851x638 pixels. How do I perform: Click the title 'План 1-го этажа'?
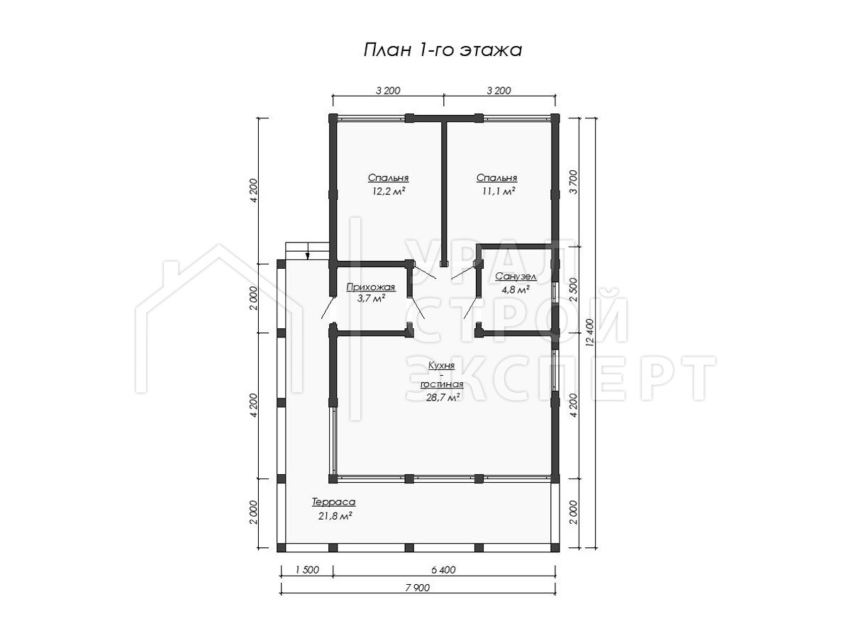(x=443, y=50)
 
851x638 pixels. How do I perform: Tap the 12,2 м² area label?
(x=389, y=191)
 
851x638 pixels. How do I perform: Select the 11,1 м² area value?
(x=499, y=191)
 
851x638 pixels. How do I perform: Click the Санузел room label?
(x=516, y=276)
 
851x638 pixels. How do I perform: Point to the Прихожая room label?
(x=371, y=287)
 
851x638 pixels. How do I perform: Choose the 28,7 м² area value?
(x=443, y=397)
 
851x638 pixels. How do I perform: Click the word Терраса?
(x=333, y=502)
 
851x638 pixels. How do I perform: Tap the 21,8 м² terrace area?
(x=335, y=516)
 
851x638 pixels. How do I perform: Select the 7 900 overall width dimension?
(x=418, y=588)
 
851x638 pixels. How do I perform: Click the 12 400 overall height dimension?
(x=590, y=332)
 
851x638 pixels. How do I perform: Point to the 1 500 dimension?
(x=307, y=570)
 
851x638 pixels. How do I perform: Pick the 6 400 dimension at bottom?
(x=443, y=570)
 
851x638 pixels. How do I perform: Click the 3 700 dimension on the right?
(x=574, y=181)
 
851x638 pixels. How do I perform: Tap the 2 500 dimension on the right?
(x=574, y=289)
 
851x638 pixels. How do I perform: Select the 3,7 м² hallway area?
(x=371, y=298)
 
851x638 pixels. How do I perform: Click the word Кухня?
(x=442, y=365)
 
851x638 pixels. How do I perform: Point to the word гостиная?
(x=442, y=384)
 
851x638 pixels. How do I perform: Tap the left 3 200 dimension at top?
(x=388, y=91)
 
